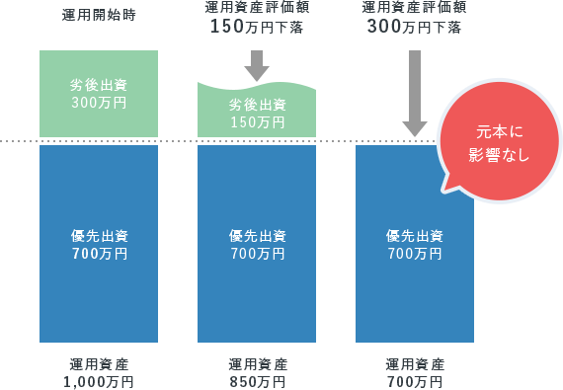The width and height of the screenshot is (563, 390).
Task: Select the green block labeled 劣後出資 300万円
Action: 99,93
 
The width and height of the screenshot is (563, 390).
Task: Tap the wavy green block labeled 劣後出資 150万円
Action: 257,112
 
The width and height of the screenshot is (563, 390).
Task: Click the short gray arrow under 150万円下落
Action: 257,66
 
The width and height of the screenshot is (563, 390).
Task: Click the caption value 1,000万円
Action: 99,381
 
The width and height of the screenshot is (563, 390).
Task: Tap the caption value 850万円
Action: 257,381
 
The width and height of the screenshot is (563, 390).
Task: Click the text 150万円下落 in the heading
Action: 257,26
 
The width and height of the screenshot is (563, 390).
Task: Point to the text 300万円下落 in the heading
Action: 415,26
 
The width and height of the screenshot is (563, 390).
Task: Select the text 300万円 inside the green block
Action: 99,102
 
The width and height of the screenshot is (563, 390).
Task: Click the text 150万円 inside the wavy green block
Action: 257,122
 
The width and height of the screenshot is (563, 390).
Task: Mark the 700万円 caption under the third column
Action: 415,381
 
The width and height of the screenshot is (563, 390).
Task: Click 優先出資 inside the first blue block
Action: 99,236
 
